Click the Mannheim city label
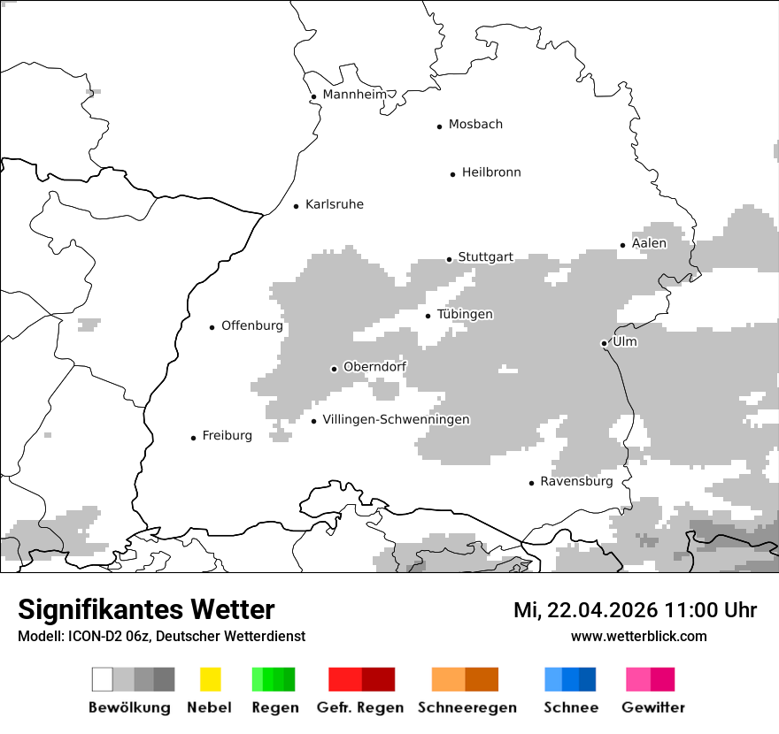click(354, 95)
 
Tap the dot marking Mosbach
click(439, 126)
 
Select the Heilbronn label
click(491, 172)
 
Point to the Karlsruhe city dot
click(297, 206)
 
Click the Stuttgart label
click(485, 257)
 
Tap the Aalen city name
click(649, 243)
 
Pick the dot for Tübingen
click(428, 316)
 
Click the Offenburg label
click(251, 325)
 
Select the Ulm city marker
click(604, 343)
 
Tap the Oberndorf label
click(374, 367)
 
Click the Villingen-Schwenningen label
click(396, 419)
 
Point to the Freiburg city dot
click(193, 438)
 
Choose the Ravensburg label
click(576, 482)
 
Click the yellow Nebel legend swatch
click(210, 679)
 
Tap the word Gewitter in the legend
click(653, 707)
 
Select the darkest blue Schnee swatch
click(588, 679)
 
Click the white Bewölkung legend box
click(103, 679)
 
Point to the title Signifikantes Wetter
click(146, 609)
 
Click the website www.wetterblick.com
click(638, 636)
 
